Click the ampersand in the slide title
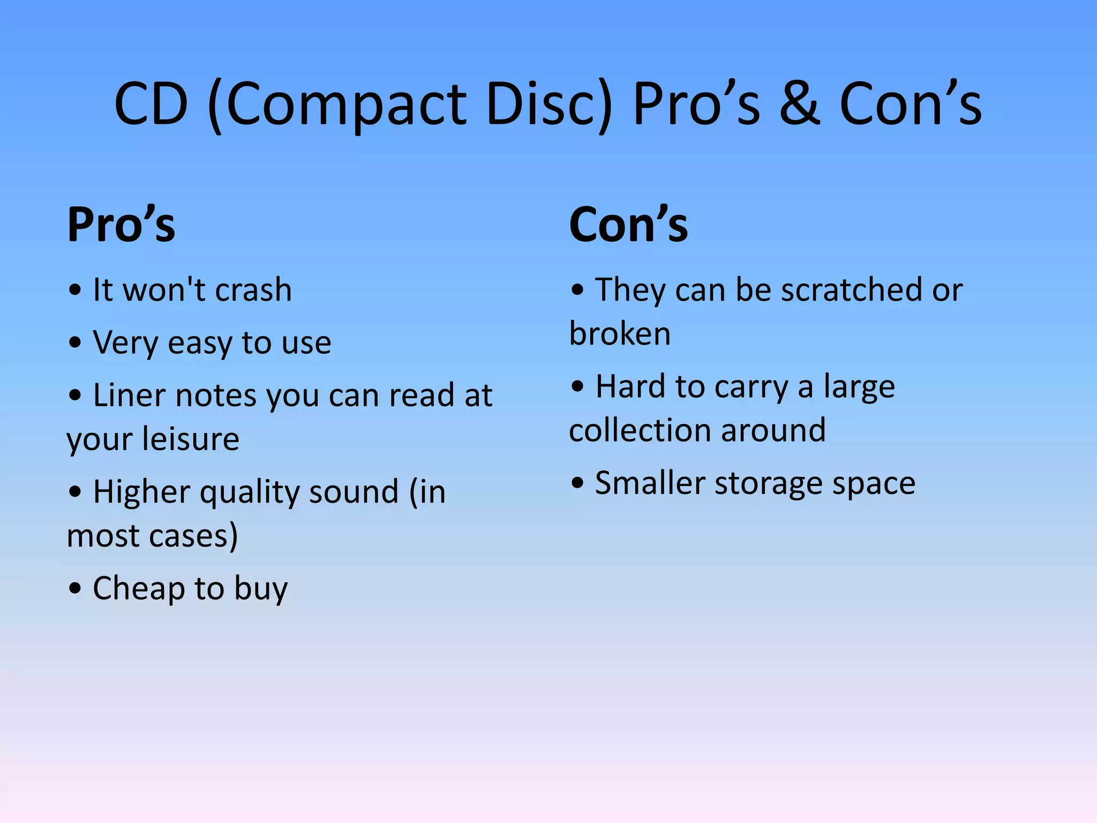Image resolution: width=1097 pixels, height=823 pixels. click(799, 104)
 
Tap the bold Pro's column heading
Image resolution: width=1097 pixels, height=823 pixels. click(121, 225)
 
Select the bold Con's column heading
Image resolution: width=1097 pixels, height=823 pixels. click(628, 225)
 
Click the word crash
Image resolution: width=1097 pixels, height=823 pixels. click(253, 290)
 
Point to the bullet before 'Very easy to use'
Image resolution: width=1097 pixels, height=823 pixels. click(75, 343)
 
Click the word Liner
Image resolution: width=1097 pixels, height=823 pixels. click(130, 395)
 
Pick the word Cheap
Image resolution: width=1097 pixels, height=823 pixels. click(139, 588)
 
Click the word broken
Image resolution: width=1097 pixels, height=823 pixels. click(620, 334)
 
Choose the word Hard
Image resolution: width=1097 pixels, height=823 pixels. click(631, 387)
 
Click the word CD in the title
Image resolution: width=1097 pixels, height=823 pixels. click(151, 104)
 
